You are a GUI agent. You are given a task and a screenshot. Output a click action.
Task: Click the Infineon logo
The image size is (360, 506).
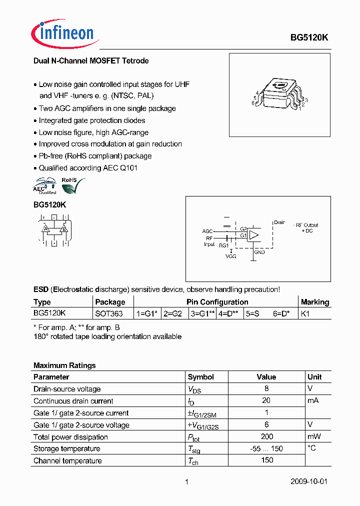pos(62,33)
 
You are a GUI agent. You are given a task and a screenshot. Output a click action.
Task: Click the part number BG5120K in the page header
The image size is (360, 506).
pos(309,37)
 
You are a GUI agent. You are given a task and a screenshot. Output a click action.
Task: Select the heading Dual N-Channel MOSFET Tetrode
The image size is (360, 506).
pos(91,61)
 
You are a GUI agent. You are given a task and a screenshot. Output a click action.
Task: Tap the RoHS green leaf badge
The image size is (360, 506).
pos(70,186)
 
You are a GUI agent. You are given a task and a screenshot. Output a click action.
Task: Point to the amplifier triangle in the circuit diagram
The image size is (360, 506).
pos(254,234)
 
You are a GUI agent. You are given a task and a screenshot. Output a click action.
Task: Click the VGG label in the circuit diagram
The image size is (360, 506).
pos(231,256)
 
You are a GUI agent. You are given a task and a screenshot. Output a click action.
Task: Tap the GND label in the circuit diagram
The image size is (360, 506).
pos(259,252)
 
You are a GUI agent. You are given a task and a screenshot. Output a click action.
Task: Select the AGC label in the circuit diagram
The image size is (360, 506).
pos(207,231)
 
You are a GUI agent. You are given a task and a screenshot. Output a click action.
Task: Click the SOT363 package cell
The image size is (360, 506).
pos(108,314)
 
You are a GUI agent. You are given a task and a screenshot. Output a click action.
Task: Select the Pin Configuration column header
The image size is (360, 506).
pos(217,302)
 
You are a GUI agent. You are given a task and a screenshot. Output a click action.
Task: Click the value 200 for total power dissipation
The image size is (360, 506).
pos(266,437)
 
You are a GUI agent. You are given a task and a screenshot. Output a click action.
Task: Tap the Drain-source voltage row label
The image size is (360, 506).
pos(67,389)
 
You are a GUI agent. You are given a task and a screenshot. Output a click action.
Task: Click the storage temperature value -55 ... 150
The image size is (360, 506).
pos(266,449)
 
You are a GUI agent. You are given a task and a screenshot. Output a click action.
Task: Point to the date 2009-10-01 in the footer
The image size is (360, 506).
pos(309,482)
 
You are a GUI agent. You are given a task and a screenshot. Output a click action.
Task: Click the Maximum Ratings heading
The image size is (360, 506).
pos(64,365)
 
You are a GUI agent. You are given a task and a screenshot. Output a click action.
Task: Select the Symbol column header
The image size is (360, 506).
pos(200,377)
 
